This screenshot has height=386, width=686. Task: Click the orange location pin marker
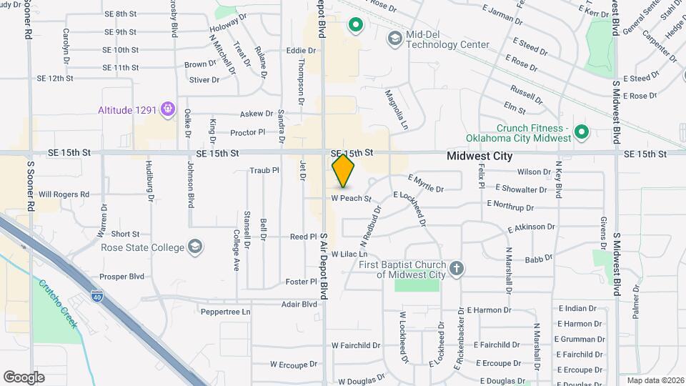pyautogui.click(x=343, y=171)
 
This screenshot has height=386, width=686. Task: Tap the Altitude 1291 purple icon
pyautogui.click(x=168, y=109)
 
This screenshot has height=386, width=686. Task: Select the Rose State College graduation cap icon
pyautogui.click(x=194, y=247)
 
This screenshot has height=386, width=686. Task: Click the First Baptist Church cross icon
pyautogui.click(x=456, y=269)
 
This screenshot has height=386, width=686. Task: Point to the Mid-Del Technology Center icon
pyautogui.click(x=394, y=37)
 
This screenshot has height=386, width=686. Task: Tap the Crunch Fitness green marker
pyautogui.click(x=582, y=132)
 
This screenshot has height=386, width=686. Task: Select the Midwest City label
pyautogui.click(x=479, y=155)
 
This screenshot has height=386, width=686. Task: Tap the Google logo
pyautogui.click(x=24, y=377)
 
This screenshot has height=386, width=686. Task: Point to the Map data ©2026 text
pyautogui.click(x=655, y=380)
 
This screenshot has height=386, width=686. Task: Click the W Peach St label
pyautogui.click(x=352, y=198)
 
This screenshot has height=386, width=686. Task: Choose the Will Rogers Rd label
pyautogui.click(x=64, y=194)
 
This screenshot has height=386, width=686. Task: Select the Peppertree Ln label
pyautogui.click(x=226, y=312)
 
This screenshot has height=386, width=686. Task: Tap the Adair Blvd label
pyautogui.click(x=299, y=304)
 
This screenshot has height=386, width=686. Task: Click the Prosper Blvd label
pyautogui.click(x=121, y=276)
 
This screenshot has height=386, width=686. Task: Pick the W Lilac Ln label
pyautogui.click(x=349, y=254)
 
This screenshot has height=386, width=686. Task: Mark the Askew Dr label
pyautogui.click(x=257, y=114)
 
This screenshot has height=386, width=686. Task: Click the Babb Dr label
pyautogui.click(x=539, y=258)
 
